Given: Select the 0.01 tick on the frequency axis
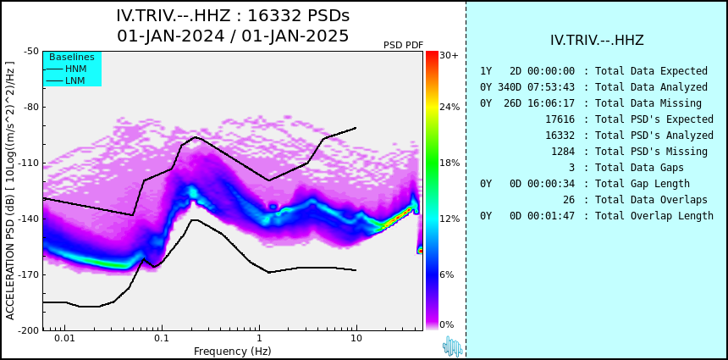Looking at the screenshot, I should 63,339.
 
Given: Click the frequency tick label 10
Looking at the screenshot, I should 356,339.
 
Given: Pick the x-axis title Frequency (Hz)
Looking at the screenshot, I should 233,352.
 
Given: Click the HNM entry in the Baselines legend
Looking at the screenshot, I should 75,69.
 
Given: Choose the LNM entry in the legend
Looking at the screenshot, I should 75,80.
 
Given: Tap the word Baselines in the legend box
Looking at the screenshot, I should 72,57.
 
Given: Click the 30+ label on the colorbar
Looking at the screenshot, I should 449,56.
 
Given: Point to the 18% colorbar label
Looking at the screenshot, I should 449,163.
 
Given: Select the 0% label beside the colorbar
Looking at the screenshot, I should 447,324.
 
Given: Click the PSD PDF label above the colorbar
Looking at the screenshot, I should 404,45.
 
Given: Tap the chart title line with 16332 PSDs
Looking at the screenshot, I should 233,16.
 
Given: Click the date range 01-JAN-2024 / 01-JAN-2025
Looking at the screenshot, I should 233,36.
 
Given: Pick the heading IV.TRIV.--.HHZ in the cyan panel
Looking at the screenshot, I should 597,41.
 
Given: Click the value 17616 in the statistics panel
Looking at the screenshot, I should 560,119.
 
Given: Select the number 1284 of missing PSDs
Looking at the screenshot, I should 563,152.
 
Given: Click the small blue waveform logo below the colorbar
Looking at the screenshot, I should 452,346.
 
